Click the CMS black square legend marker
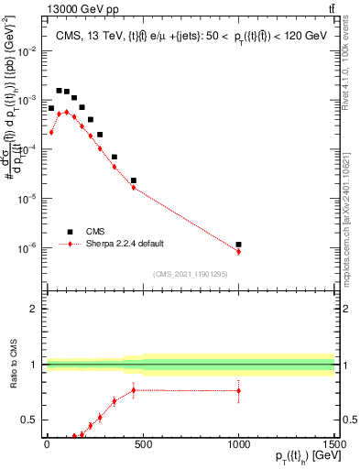point(69,232)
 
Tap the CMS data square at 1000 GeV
point(238,245)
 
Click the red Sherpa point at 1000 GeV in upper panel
point(238,251)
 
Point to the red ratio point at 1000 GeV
point(238,390)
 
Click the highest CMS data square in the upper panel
point(59,91)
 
